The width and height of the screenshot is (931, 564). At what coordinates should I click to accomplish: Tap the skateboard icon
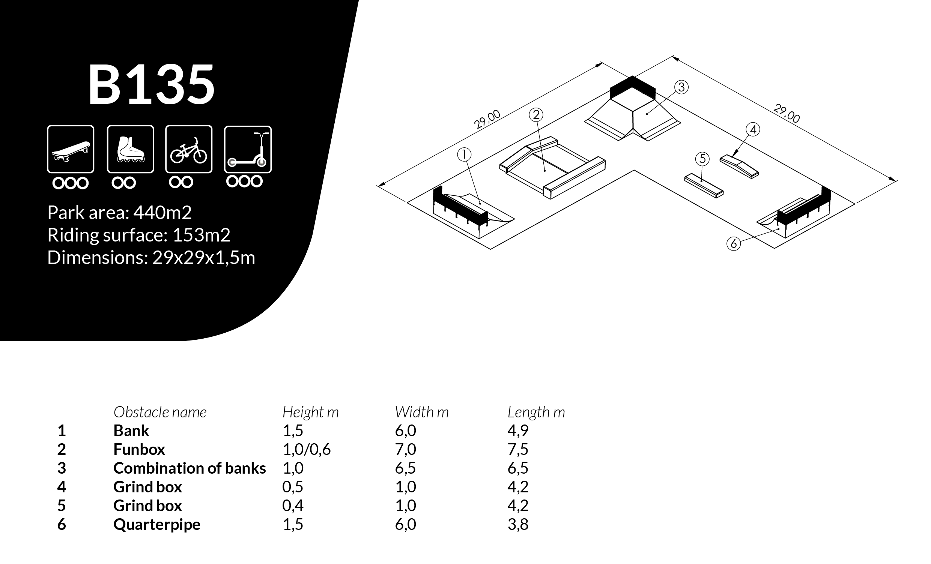click(71, 149)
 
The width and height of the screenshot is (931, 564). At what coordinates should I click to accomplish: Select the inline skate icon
click(130, 149)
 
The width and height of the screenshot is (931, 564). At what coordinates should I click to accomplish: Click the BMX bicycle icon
click(188, 149)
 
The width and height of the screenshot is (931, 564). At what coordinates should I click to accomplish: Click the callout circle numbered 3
click(681, 87)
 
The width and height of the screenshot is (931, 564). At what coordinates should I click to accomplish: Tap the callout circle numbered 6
click(733, 243)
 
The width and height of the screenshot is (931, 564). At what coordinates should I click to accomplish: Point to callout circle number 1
click(463, 154)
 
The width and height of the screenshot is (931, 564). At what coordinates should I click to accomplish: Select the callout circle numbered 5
click(702, 159)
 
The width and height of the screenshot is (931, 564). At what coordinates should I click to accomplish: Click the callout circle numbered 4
click(753, 129)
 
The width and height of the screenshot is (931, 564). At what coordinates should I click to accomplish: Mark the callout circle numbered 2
click(536, 115)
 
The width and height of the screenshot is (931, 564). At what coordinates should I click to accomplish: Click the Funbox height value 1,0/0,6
click(307, 449)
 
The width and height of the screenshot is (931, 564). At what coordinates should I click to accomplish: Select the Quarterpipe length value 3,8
click(517, 524)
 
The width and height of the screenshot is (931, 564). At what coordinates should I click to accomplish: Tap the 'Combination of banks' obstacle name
click(189, 468)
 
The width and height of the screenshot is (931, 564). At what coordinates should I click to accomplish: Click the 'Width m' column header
click(422, 412)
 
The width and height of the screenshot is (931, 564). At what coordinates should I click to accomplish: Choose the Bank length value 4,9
click(517, 430)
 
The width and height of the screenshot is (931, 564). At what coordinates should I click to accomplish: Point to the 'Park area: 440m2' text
click(119, 213)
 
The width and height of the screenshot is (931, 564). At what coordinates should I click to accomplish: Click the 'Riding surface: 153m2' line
click(139, 235)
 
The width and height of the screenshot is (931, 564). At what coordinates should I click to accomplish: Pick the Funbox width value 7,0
click(405, 449)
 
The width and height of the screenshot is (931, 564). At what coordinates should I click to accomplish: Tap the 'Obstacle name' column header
click(160, 412)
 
